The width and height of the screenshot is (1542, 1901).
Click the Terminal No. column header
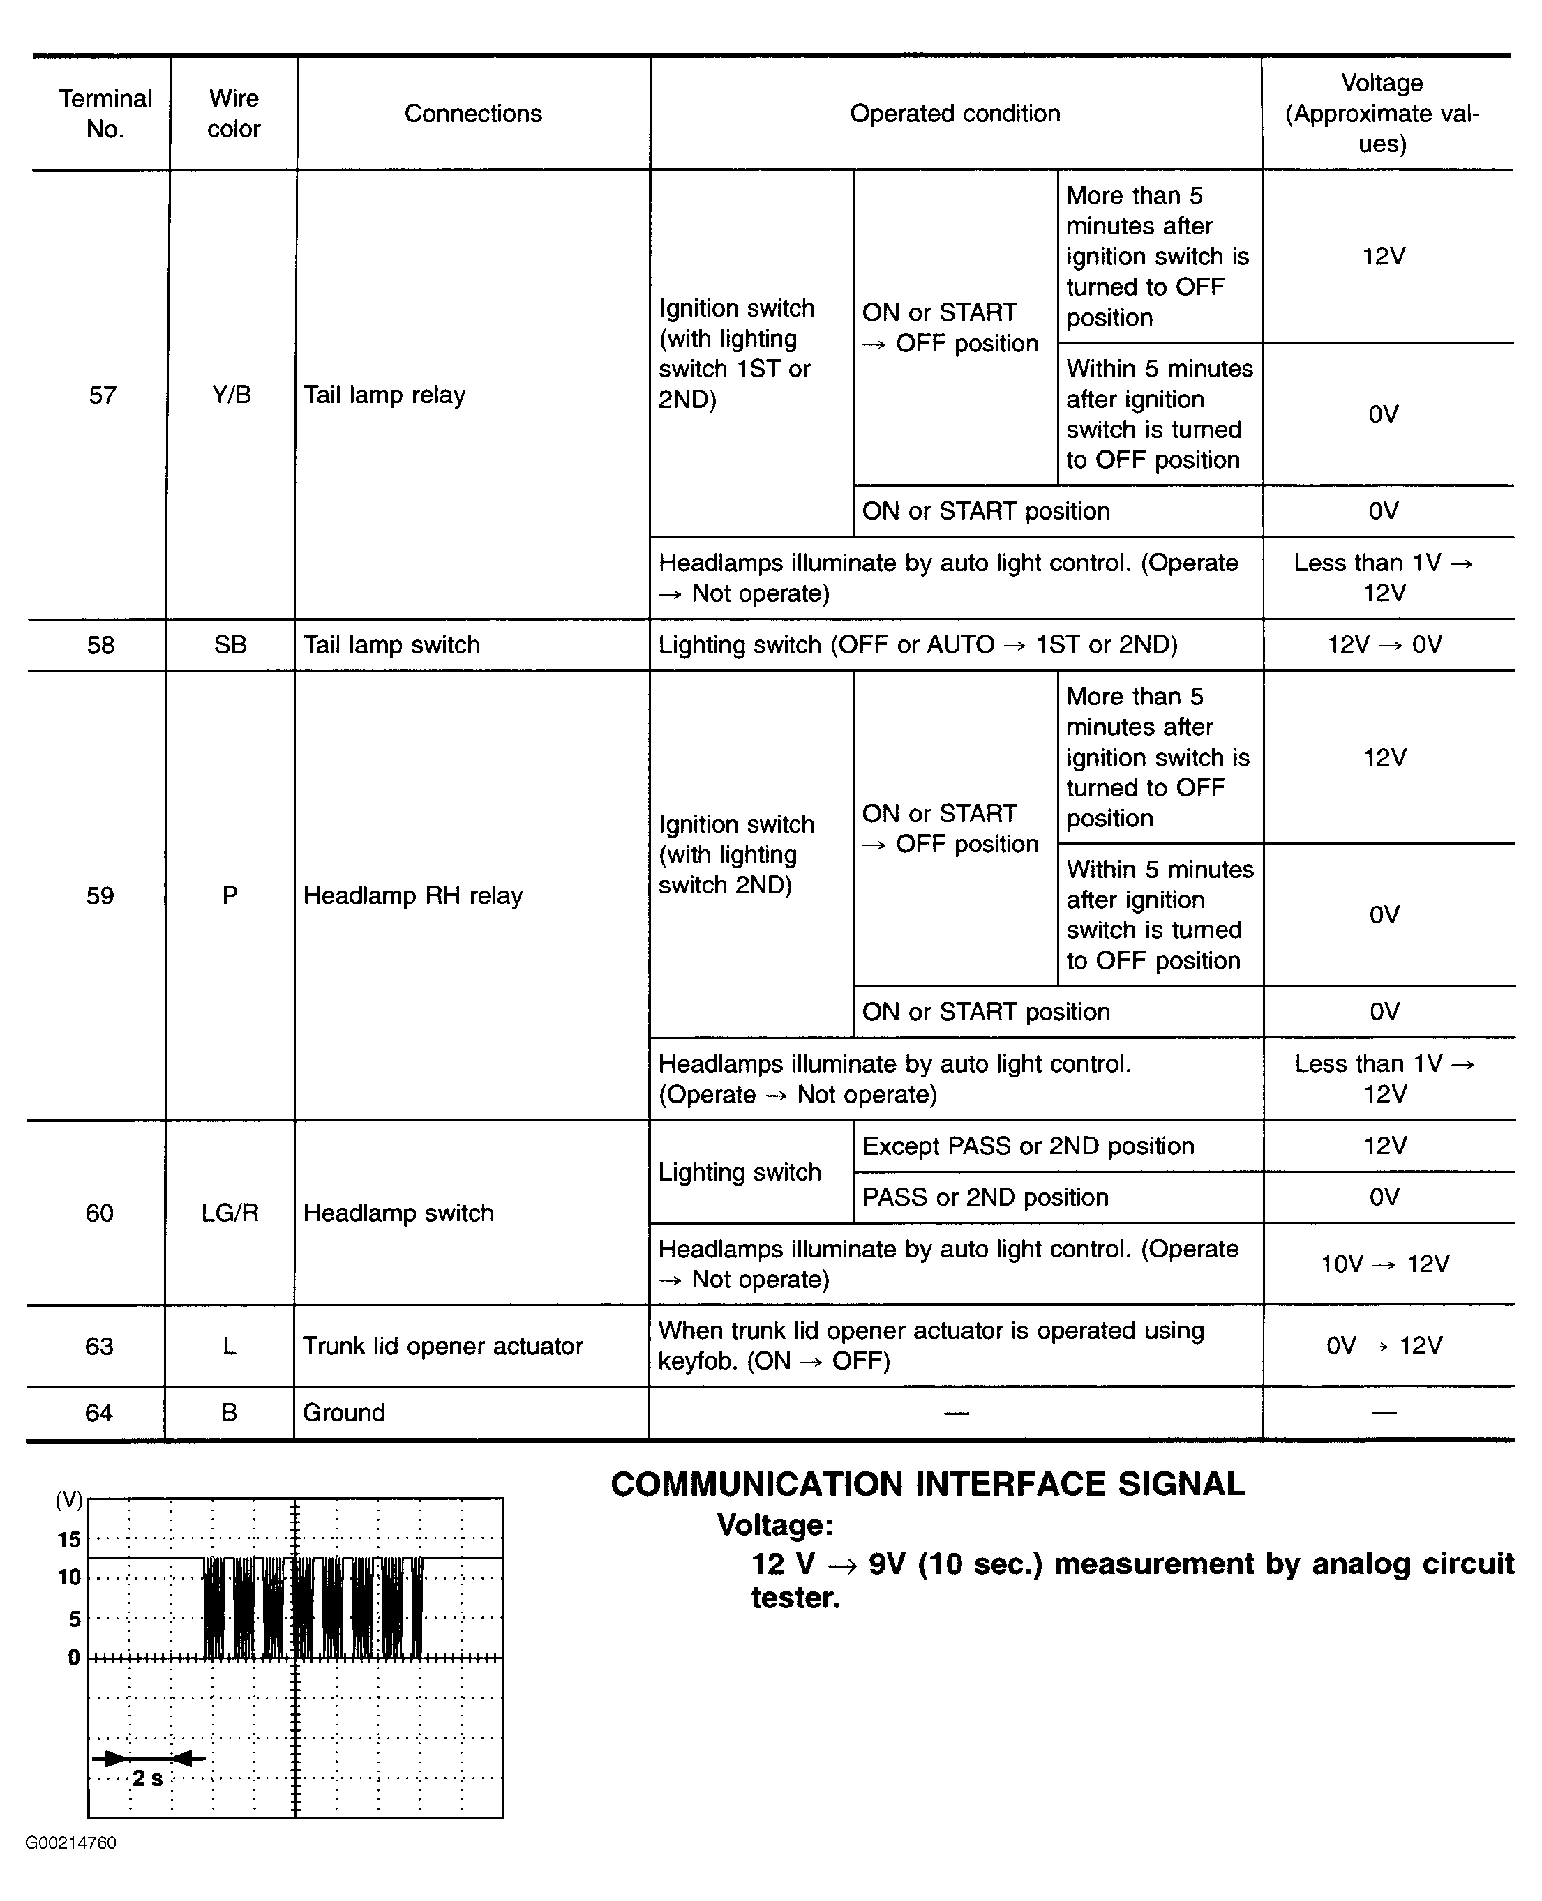[105, 114]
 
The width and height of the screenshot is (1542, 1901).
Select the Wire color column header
[234, 114]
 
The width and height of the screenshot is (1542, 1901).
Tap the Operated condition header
[955, 114]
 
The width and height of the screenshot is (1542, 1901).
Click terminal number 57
[102, 395]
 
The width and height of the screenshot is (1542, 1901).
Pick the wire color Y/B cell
[232, 395]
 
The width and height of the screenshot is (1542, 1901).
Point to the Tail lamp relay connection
[384, 395]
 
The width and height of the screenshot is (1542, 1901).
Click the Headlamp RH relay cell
[413, 896]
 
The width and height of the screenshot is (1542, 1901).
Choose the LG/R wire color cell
[230, 1213]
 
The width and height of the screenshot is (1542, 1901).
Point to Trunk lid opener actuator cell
[443, 1346]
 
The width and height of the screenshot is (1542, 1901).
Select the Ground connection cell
[344, 1413]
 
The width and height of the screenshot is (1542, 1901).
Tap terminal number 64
[98, 1413]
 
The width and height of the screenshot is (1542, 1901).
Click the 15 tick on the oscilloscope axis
[69, 1540]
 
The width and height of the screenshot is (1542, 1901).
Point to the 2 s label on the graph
[147, 1778]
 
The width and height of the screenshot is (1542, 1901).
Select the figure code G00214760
[71, 1843]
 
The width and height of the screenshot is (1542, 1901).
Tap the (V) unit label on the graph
[69, 1501]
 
